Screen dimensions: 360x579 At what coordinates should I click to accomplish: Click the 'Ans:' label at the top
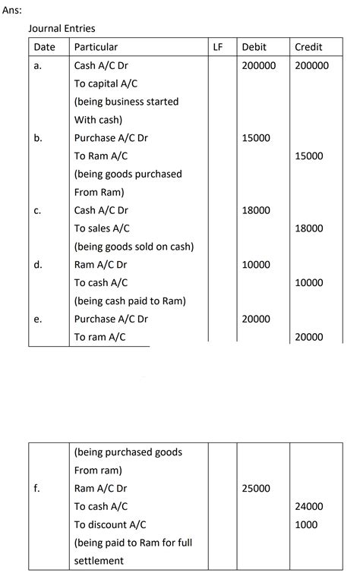[x=13, y=11]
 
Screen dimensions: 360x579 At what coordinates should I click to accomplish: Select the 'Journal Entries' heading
[x=62, y=29]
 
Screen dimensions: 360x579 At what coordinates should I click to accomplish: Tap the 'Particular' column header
[x=96, y=47]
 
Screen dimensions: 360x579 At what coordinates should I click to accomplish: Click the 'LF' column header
[x=218, y=47]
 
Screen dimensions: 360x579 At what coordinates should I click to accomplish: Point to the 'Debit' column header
[x=254, y=47]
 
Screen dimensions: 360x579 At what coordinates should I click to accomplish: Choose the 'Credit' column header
[x=308, y=47]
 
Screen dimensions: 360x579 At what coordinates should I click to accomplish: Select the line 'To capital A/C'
[x=106, y=83]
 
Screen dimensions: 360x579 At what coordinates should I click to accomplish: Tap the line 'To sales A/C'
[x=102, y=228]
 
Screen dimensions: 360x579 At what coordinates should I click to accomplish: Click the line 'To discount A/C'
[x=110, y=525]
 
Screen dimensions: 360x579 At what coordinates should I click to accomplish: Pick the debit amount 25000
[x=256, y=489]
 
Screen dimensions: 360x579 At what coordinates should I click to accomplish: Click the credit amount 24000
[x=308, y=507]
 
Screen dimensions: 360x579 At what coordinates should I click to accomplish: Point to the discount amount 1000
[x=306, y=525]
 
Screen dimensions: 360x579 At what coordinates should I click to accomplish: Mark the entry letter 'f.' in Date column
[x=37, y=489]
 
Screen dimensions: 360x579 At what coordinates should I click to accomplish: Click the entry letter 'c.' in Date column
[x=37, y=210]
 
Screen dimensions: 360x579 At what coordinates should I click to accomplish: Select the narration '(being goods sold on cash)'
[x=134, y=247]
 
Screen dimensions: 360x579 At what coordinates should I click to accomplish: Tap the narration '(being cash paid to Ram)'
[x=130, y=301]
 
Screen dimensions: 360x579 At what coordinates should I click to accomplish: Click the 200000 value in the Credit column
[x=311, y=66]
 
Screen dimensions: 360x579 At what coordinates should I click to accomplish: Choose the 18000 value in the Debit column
[x=256, y=210]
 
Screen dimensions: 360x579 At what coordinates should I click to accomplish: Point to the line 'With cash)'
[x=98, y=120]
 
